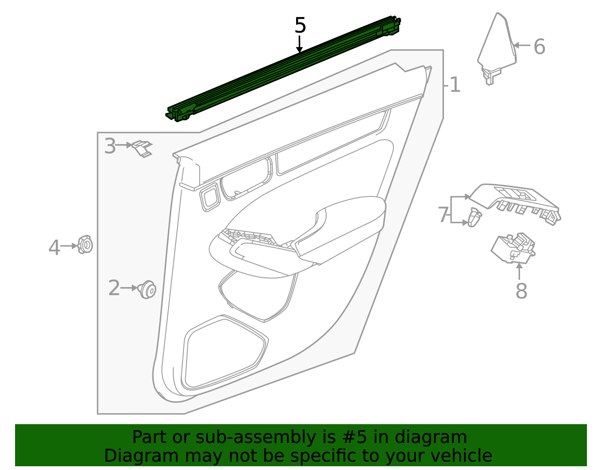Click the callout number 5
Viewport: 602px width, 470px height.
point(300,26)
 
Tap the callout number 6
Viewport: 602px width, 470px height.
point(539,47)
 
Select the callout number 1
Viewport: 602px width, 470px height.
point(455,85)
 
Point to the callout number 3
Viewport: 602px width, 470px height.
point(110,146)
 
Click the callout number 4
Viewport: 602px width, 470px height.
point(54,248)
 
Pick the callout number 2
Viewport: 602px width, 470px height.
point(114,288)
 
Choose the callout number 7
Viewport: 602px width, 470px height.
point(443,215)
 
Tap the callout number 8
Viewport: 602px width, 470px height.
point(521,291)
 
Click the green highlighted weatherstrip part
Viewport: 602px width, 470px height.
point(282,68)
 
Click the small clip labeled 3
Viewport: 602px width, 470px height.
point(142,148)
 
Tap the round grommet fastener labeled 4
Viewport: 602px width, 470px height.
point(85,245)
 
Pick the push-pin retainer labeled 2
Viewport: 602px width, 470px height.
point(147,289)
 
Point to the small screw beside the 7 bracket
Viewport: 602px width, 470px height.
point(474,218)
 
